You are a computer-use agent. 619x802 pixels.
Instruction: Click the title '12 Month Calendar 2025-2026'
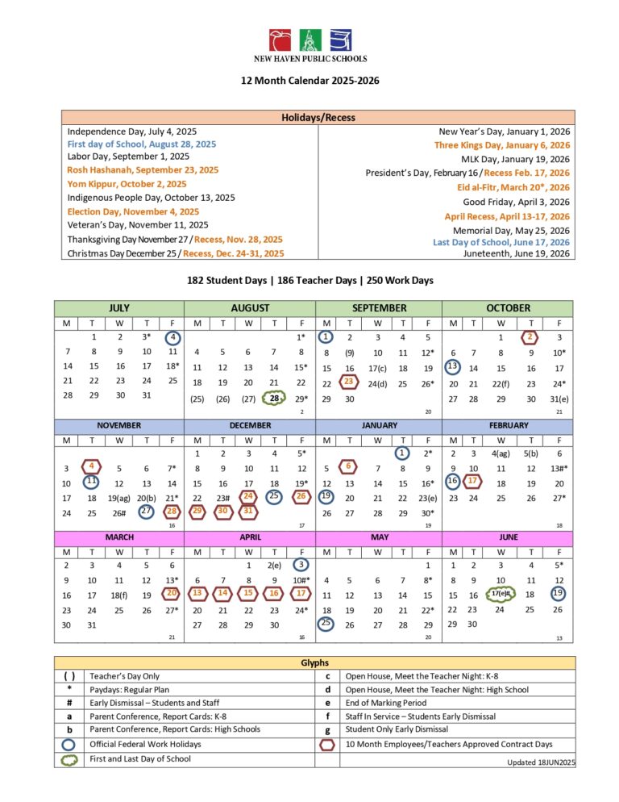309,81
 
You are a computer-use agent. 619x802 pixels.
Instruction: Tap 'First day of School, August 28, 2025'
142,144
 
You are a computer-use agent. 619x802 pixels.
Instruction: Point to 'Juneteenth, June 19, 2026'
516,253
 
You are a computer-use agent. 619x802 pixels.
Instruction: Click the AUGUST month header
249,308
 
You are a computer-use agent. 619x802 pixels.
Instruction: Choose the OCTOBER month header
508,308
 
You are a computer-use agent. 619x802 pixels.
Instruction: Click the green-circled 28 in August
275,399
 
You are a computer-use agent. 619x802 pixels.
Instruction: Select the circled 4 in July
172,337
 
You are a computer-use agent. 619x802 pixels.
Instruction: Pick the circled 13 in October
452,367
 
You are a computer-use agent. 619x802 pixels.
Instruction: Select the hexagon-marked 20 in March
172,594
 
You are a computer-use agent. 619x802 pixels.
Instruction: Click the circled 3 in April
301,565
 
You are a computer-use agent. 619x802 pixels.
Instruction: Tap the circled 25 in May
326,623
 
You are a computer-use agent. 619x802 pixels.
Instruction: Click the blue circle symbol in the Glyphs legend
69,744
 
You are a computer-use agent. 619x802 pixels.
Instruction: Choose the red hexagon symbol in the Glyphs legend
327,744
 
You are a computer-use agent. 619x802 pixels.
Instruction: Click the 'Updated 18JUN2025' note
540,762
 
